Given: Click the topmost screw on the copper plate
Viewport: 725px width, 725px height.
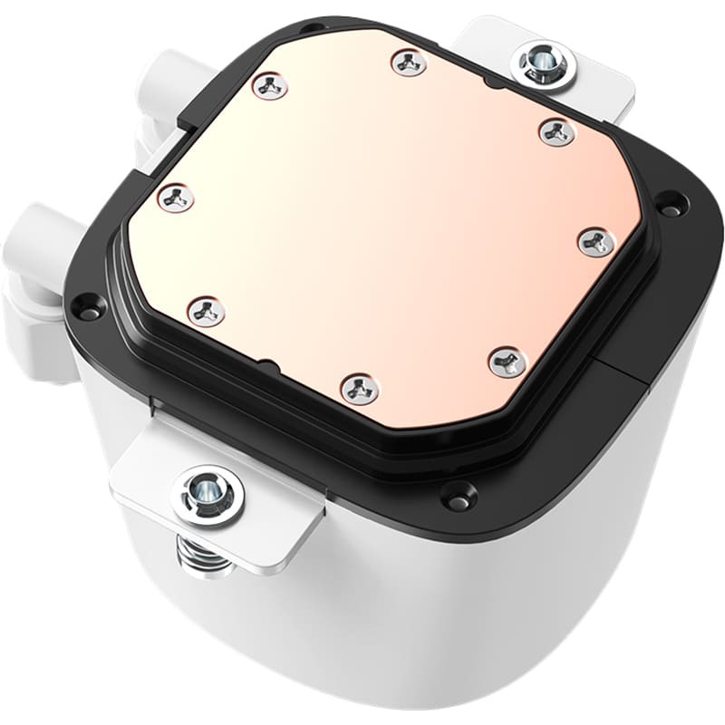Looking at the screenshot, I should [410, 63].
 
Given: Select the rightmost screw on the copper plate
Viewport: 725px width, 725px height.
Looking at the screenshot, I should [597, 242].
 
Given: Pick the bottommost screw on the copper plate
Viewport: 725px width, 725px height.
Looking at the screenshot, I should [360, 388].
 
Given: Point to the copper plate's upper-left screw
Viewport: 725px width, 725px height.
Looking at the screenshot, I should [270, 86].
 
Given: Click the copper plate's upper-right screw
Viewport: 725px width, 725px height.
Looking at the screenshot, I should [556, 132].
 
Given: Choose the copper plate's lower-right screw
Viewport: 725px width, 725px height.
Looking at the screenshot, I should [507, 362].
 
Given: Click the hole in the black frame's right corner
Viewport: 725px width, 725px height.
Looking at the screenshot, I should [670, 204].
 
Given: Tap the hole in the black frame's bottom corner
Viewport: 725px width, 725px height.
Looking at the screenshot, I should [458, 495].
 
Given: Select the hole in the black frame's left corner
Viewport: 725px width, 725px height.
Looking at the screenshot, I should [87, 305].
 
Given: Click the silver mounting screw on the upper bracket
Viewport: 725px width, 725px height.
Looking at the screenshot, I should [543, 63].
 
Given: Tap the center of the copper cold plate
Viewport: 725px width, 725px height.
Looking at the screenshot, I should [385, 222].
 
